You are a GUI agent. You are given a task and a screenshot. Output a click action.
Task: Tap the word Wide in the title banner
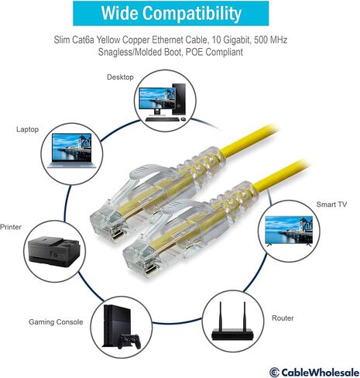tap(119, 13)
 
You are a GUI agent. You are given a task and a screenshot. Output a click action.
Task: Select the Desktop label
tap(120, 77)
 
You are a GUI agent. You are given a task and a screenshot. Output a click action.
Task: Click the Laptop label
tap(27, 129)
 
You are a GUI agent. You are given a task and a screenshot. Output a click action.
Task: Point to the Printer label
tap(11, 227)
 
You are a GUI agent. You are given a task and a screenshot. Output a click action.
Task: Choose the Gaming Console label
tap(56, 322)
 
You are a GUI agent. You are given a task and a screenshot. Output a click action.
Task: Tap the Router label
tap(283, 318)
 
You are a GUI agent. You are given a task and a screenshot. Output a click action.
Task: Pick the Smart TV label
tap(331, 204)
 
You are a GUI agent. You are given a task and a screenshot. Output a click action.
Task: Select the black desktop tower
tap(179, 99)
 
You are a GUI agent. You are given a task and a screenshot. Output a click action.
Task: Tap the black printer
tap(54, 250)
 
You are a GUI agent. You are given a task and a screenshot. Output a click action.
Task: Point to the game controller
tap(129, 342)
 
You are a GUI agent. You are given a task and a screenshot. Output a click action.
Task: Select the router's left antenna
tap(221, 315)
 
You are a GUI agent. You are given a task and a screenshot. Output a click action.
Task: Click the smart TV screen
tap(289, 229)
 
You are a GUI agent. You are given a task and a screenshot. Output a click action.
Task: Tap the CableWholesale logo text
tap(320, 373)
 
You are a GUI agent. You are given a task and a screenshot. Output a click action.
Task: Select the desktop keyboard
tap(162, 119)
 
